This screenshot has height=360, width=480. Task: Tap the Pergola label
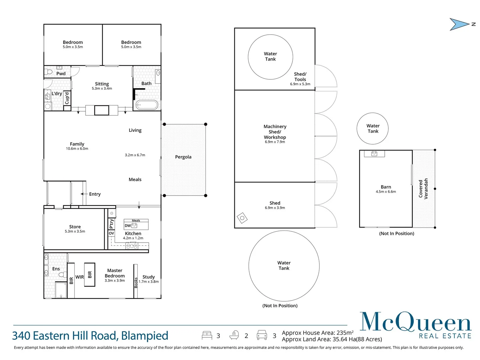183,157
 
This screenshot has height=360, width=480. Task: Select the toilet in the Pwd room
49,72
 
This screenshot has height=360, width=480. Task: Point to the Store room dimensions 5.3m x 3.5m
75,231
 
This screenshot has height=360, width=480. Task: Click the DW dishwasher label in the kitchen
128,226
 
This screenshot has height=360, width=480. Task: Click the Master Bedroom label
115,273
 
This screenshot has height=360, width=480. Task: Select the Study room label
149,277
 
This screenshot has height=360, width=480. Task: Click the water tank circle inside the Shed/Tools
270,57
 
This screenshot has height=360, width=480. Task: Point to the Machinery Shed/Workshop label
275,132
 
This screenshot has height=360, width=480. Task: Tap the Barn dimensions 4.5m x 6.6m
386,192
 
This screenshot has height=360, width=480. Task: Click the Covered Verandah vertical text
423,189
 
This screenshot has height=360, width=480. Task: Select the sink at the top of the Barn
374,153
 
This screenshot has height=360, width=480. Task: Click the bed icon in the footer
207,335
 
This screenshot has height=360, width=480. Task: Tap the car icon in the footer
262,335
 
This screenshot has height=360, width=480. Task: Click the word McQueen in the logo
415,322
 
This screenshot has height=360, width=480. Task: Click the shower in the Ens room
61,290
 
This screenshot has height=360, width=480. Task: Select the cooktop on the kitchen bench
132,246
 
